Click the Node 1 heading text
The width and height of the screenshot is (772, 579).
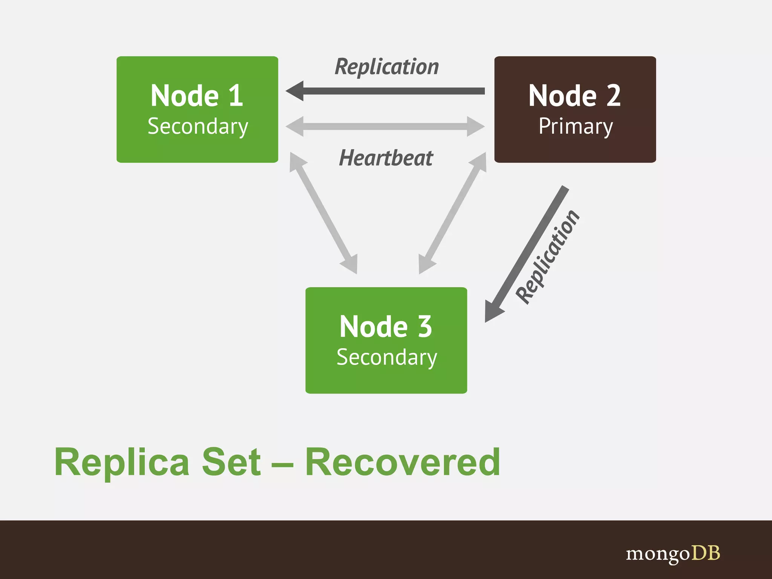coord(196,96)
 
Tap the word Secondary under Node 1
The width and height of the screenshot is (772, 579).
coord(198,126)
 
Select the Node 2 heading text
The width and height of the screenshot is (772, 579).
coord(574,96)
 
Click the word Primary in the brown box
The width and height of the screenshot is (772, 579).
coord(576,126)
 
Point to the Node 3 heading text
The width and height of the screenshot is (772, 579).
coord(385,326)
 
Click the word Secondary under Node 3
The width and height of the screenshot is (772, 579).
coord(387,357)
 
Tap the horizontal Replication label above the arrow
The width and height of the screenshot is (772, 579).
coord(387,67)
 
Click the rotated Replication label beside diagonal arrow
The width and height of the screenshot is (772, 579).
coord(547,257)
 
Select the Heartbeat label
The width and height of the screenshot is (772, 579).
coord(386,158)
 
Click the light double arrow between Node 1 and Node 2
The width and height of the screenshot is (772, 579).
coord(385,126)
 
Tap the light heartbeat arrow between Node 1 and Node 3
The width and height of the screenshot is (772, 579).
coord(323,213)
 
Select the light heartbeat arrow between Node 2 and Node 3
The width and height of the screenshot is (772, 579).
coord(453,213)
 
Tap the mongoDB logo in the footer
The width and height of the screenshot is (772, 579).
coord(673,554)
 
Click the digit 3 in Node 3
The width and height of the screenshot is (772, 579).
coord(425,326)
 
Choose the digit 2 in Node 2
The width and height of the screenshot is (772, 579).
coord(614,96)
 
